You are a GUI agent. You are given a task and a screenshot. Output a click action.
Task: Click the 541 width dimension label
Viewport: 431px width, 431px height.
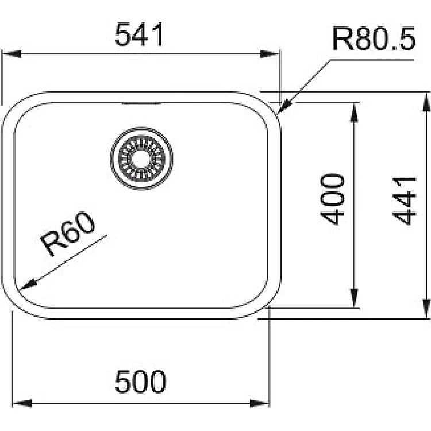[139, 34]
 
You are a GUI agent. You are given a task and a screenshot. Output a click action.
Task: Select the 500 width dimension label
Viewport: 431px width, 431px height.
[140, 381]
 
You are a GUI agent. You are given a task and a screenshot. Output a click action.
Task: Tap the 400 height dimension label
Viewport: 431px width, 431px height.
[332, 199]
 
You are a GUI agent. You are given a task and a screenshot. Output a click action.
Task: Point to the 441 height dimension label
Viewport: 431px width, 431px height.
[404, 201]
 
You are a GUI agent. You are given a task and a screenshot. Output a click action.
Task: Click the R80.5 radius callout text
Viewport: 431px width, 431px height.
[374, 39]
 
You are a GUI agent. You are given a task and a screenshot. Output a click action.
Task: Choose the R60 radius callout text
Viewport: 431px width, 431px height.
[68, 234]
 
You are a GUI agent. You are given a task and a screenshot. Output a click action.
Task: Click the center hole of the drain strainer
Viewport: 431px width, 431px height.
[141, 159]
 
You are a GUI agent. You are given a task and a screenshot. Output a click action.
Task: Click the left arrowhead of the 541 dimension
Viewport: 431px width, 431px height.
[12, 53]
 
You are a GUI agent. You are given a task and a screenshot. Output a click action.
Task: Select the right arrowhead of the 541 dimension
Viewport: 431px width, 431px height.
[270, 53]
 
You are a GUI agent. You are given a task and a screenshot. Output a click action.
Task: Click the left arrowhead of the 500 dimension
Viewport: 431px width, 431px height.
[22, 403]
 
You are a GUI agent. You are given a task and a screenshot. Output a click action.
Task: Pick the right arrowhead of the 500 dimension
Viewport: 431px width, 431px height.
[259, 403]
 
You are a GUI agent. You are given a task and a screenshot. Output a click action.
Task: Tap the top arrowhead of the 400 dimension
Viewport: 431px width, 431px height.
[354, 112]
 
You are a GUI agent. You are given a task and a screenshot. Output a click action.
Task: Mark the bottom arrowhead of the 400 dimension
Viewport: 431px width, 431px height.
[354, 298]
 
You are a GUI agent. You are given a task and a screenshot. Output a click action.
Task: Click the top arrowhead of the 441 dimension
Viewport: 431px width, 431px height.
[426, 102]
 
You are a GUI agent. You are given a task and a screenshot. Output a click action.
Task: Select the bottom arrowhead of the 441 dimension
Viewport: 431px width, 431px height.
[426, 309]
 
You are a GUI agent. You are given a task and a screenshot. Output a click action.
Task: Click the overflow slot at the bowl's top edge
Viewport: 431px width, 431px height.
[141, 103]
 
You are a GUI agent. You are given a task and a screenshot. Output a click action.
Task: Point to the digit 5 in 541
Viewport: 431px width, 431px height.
[123, 34]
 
